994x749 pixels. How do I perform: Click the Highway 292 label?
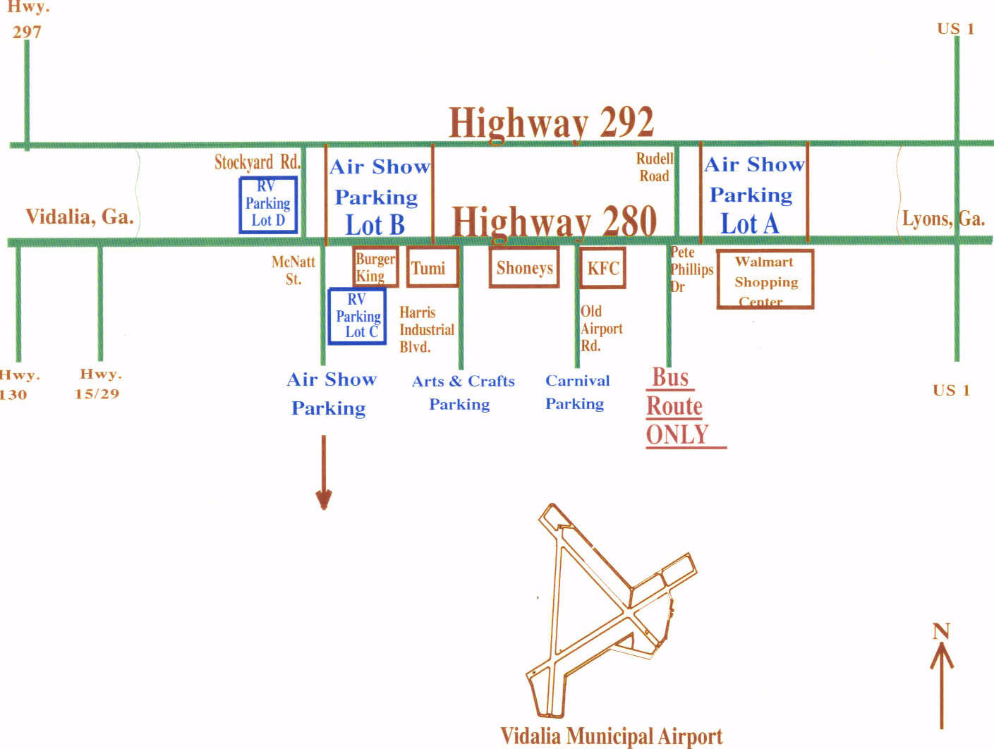click(x=551, y=123)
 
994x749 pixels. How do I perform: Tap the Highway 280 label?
click(x=554, y=221)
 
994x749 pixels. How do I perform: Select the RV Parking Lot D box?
click(x=268, y=205)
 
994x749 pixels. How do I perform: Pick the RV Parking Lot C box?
click(x=358, y=316)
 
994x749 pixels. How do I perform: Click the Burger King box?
click(x=375, y=267)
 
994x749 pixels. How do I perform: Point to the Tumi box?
click(x=432, y=267)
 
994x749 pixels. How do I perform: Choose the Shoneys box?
click(x=524, y=267)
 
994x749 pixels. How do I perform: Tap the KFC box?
click(x=603, y=268)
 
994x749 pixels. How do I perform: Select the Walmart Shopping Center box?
click(x=765, y=280)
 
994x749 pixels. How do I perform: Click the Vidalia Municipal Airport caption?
click(x=612, y=736)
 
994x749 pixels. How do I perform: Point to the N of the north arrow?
click(x=941, y=631)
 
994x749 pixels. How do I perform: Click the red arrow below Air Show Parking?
click(x=324, y=473)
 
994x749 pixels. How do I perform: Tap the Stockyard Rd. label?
click(x=257, y=162)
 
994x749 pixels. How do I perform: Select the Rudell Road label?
click(x=655, y=167)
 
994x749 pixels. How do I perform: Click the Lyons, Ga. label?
click(x=943, y=219)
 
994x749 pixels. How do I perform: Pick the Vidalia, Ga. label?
click(x=80, y=217)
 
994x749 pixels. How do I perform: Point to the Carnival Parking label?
click(x=576, y=392)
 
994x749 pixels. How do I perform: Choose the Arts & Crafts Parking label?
click(x=463, y=393)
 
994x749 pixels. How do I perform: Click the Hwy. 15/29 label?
click(x=98, y=384)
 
